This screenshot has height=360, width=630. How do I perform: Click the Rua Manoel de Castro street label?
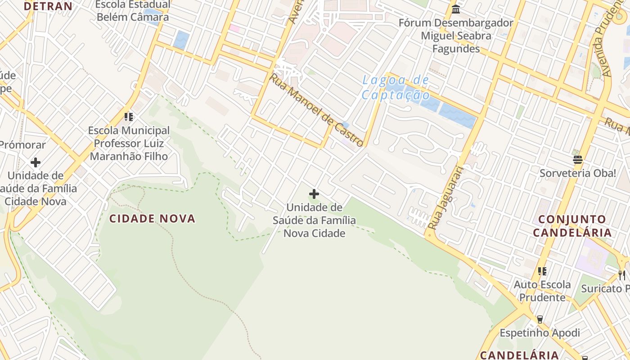tap(316, 111)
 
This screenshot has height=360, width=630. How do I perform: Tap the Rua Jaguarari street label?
tap(445, 198)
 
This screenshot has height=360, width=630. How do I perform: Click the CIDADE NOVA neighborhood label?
tap(153, 219)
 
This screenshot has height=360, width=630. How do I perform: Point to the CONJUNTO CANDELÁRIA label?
tap(572, 226)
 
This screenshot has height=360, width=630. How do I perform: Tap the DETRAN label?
tap(48, 6)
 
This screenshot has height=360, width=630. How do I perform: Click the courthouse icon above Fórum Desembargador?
tap(456, 9)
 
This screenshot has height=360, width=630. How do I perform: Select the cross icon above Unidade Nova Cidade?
tap(314, 194)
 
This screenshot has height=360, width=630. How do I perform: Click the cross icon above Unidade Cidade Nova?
tap(36, 162)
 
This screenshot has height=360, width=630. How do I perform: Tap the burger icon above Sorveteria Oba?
tap(578, 160)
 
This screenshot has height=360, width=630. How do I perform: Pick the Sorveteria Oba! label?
tap(578, 173)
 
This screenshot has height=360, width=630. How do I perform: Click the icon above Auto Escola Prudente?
tap(542, 271)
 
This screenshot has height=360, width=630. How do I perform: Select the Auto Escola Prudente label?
tap(542, 291)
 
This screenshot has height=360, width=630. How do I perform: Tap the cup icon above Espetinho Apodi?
tap(540, 319)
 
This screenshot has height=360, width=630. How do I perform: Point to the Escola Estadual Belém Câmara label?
tap(133, 11)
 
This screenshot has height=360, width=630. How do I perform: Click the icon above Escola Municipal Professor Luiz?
tap(129, 117)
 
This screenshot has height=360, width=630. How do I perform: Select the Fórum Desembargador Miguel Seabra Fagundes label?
tap(456, 36)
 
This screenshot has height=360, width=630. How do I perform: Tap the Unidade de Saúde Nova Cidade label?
tap(314, 220)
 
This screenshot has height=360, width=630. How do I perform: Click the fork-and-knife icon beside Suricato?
tap(622, 275)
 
